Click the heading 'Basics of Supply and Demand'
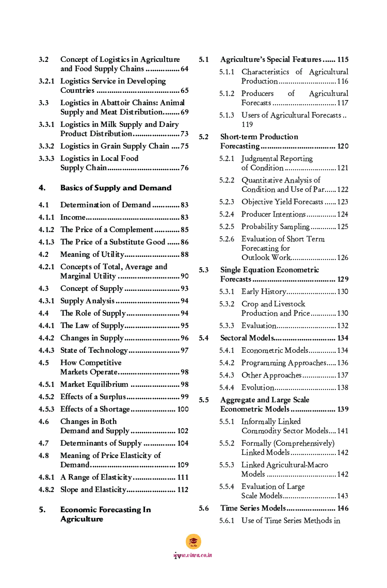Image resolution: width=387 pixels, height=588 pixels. pyautogui.click(x=116, y=188)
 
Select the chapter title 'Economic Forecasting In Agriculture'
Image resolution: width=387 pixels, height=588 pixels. pyautogui.click(x=105, y=514)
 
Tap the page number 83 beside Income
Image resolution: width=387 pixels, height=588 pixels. pyautogui.click(x=184, y=217)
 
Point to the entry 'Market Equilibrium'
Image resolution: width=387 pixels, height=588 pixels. pyautogui.click(x=94, y=384)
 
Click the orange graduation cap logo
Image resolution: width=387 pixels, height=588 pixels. pyautogui.click(x=193, y=542)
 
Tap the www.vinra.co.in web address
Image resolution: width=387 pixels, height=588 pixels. pyautogui.click(x=193, y=555)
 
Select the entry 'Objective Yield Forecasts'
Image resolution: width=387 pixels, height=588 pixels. pyautogui.click(x=282, y=202)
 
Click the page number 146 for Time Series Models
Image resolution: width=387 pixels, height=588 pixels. pyautogui.click(x=343, y=508)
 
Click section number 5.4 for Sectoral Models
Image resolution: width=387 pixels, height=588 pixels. pyautogui.click(x=204, y=338)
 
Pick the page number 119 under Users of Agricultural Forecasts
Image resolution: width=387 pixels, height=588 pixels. pyautogui.click(x=247, y=124)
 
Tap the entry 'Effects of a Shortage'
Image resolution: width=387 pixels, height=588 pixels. pyautogui.click(x=95, y=409)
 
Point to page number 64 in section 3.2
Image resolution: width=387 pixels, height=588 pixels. pyautogui.click(x=184, y=69)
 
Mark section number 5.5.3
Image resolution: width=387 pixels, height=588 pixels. pyautogui.click(x=227, y=465)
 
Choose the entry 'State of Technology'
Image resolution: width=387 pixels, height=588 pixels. pyautogui.click(x=93, y=350)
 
